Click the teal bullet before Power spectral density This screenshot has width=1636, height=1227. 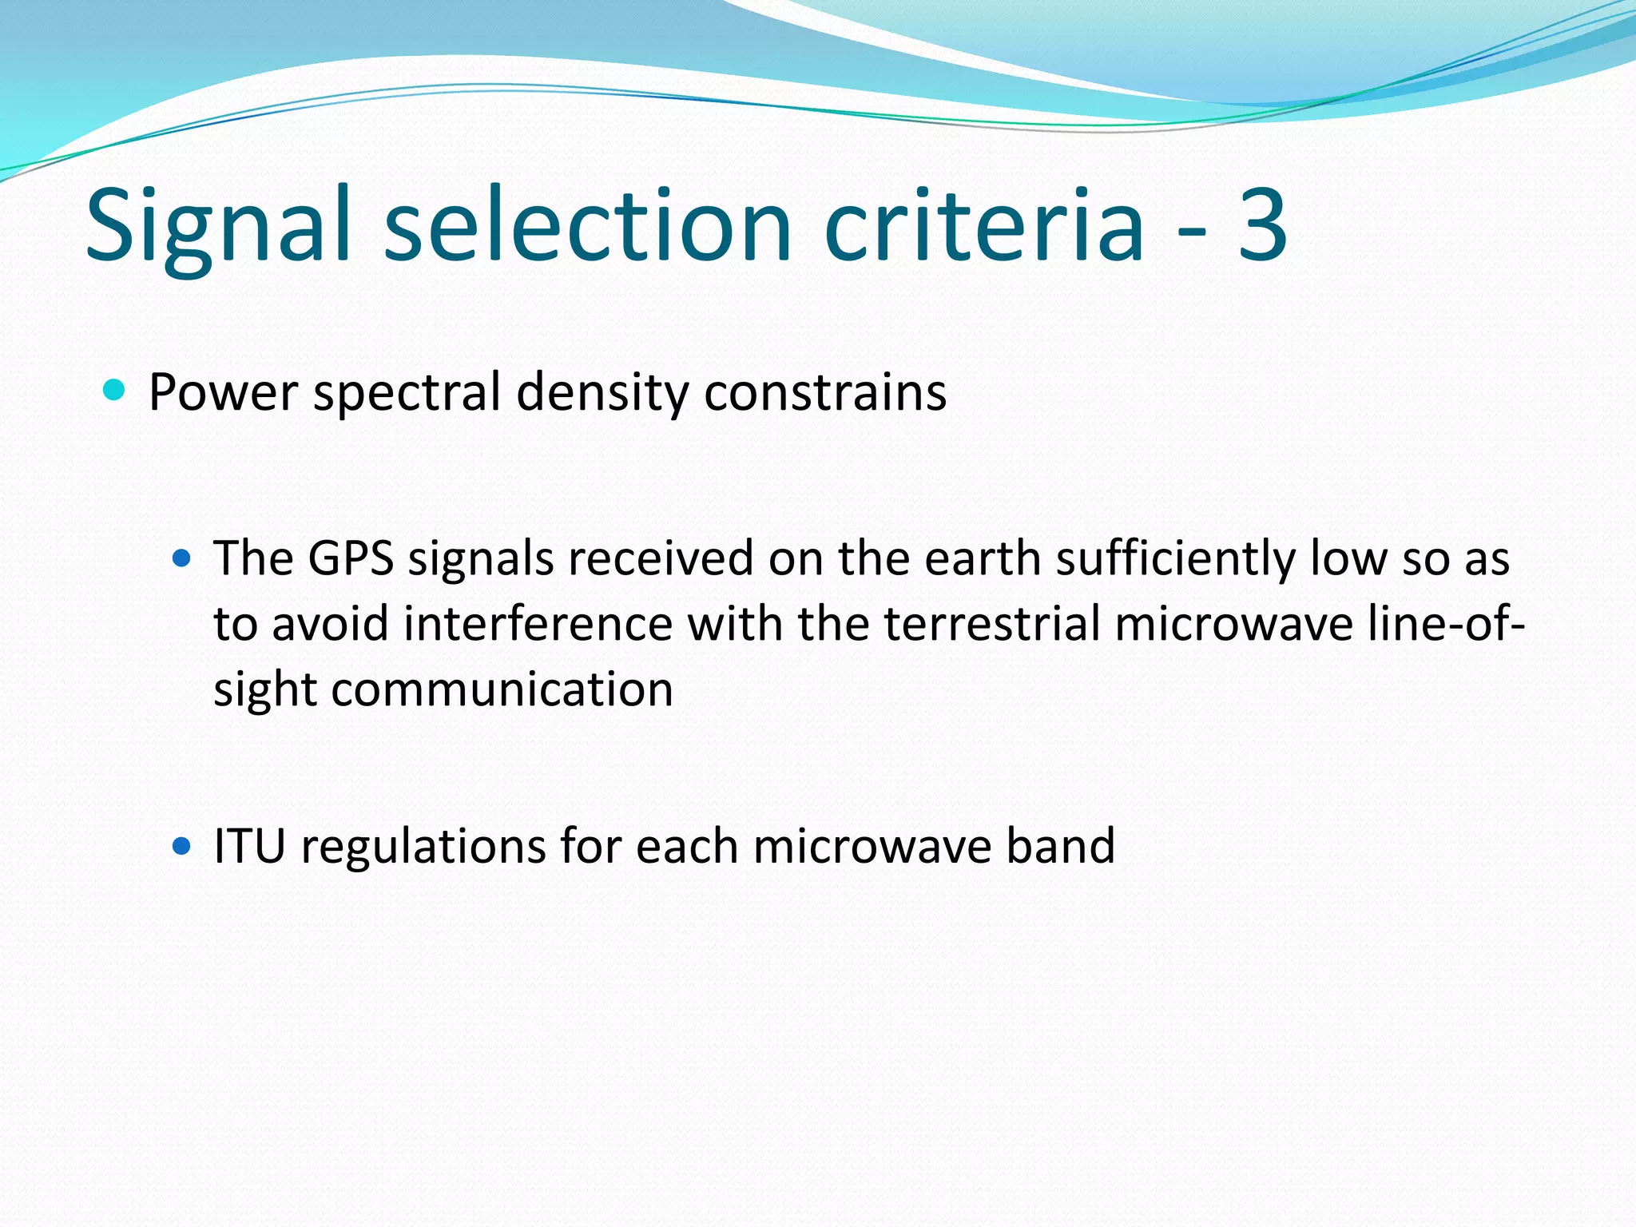115,391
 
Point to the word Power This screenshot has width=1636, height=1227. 223,392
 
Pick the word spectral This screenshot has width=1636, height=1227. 407,394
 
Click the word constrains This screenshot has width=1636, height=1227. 825,392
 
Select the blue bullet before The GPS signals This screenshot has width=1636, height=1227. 182,558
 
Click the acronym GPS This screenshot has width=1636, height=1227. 351,558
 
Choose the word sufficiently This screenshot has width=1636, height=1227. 1176,560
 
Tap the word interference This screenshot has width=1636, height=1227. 538,624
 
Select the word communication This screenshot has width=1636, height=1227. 502,689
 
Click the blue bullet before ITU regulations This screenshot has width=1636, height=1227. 182,845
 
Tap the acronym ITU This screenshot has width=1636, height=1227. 249,846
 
